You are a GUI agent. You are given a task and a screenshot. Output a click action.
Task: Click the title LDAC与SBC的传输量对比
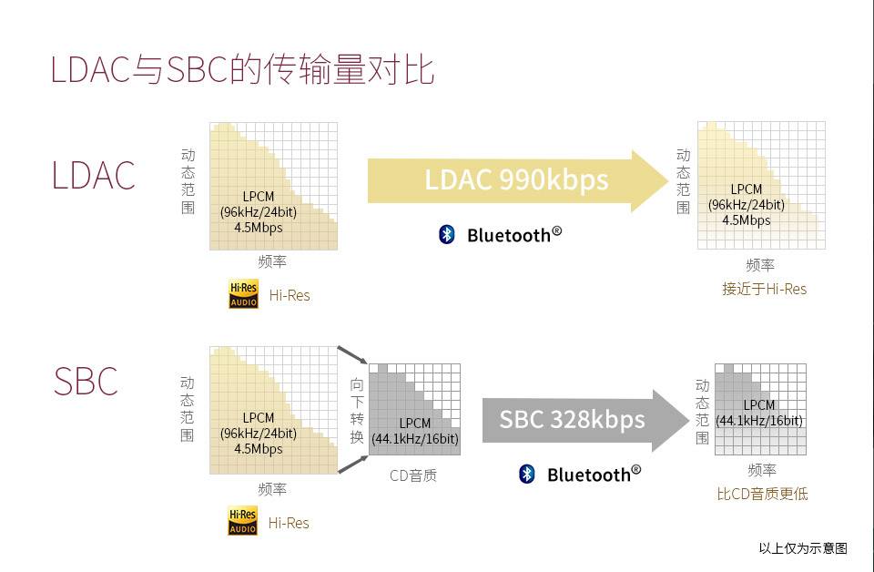[242, 70]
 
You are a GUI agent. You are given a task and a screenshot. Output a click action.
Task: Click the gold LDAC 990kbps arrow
[518, 180]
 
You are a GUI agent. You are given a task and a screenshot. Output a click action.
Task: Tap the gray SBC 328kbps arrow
[585, 420]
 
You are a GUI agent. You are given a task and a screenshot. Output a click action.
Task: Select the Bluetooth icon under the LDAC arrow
[446, 234]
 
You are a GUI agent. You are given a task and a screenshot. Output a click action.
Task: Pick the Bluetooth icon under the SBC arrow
[527, 474]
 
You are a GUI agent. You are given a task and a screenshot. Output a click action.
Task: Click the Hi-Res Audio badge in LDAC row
[244, 294]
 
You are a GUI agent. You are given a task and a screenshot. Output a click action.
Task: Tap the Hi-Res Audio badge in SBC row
[243, 521]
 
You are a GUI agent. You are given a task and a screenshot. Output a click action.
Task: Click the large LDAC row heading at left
[94, 176]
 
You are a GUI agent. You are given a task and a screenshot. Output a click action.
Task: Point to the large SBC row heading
[86, 382]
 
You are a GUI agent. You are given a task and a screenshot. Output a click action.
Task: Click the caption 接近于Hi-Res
[764, 289]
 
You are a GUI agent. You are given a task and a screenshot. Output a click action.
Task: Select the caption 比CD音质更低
[762, 494]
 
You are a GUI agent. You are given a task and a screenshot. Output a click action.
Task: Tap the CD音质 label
[413, 475]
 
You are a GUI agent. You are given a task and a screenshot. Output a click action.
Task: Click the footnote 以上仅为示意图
[803, 548]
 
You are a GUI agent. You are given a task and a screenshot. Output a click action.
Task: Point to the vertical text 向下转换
[357, 410]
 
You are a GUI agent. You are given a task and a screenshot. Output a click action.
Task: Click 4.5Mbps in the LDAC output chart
[747, 220]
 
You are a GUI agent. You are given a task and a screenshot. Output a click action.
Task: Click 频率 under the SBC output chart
[761, 471]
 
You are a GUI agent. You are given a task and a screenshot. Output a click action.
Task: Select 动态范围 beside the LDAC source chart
[188, 181]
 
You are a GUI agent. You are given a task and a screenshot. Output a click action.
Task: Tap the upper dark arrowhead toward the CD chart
[361, 360]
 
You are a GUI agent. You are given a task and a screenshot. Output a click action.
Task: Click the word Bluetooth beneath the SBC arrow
[589, 475]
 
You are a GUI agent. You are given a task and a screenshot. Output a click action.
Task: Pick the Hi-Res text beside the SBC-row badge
[289, 523]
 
